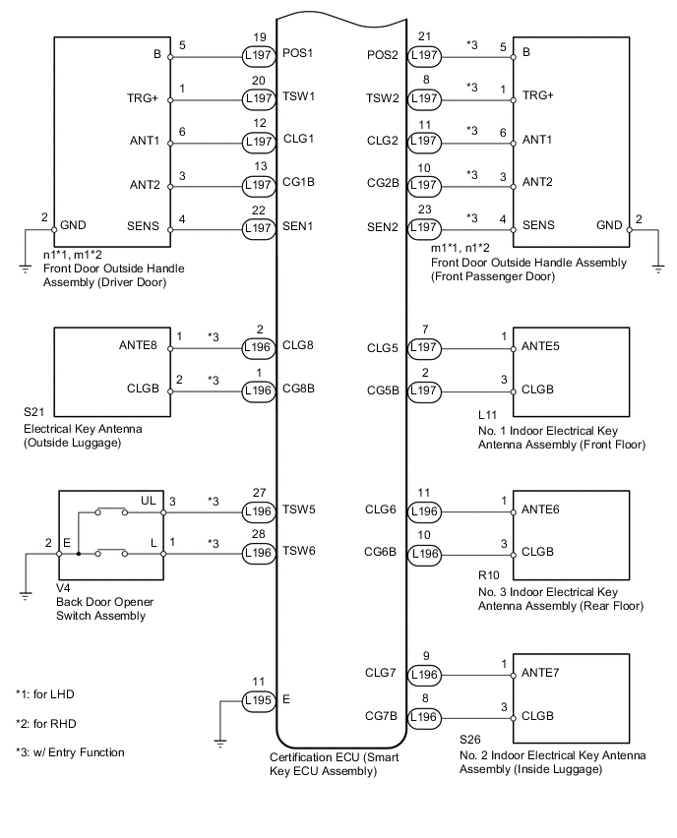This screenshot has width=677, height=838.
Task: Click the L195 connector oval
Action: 260,700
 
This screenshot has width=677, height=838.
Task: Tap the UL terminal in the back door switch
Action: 149,501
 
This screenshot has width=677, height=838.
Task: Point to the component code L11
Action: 486,417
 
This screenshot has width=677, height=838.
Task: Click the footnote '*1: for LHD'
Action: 45,693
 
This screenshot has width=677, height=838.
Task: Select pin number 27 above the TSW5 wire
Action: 259,494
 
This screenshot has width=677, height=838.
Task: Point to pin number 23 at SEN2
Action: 423,209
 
